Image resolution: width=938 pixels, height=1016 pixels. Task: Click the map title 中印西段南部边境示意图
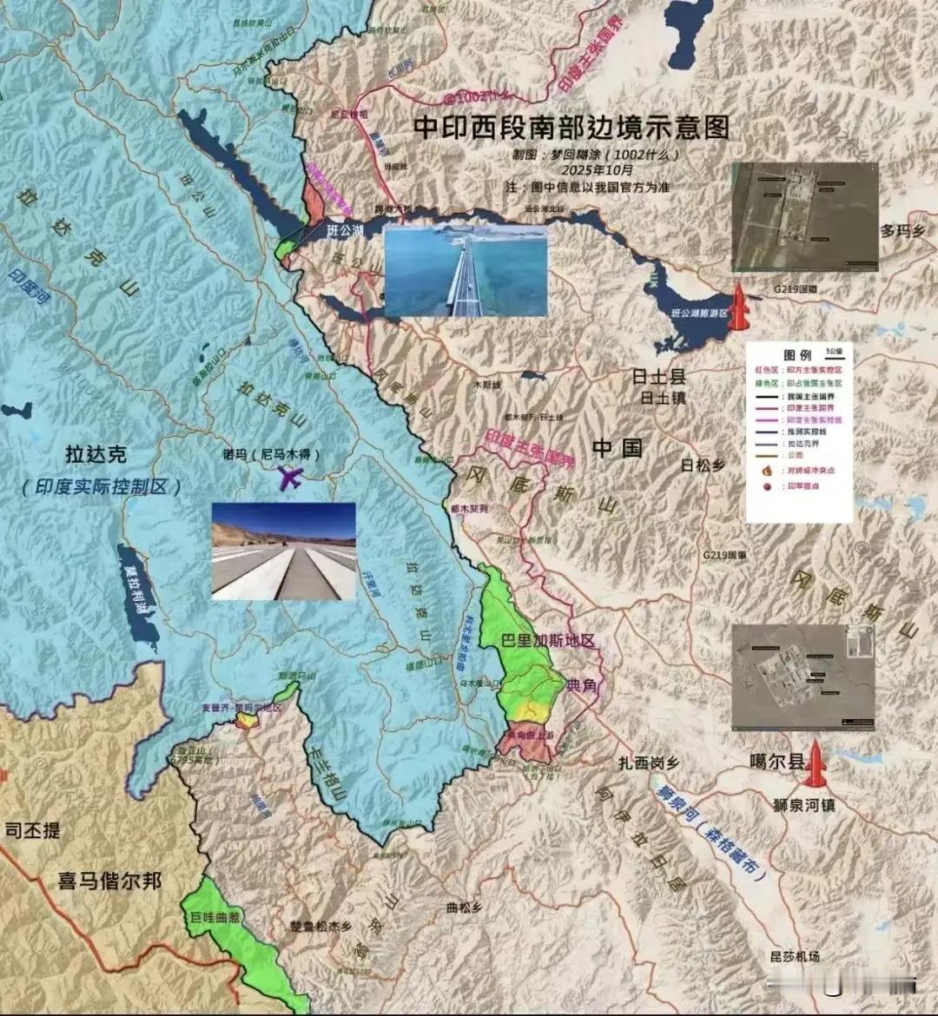pyautogui.click(x=571, y=127)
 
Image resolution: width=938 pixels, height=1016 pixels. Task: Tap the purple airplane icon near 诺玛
pyautogui.click(x=289, y=477)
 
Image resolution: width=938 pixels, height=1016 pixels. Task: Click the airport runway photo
pyautogui.click(x=284, y=551)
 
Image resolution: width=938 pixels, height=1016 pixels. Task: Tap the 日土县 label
pyautogui.click(x=658, y=377)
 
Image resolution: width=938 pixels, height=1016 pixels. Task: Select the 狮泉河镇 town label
pyautogui.click(x=803, y=805)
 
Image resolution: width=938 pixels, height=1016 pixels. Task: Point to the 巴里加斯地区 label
pyautogui.click(x=549, y=641)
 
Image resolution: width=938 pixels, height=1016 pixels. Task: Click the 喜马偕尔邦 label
pyautogui.click(x=110, y=881)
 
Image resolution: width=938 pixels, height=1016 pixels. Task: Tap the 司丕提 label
pyautogui.click(x=33, y=830)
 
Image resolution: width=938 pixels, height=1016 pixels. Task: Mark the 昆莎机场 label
pyautogui.click(x=795, y=956)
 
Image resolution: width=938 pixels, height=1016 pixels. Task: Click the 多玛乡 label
pyautogui.click(x=899, y=231)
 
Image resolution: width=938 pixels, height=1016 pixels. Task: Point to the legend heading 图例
pyautogui.click(x=796, y=355)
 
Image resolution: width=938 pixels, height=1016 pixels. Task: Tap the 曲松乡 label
pyautogui.click(x=463, y=907)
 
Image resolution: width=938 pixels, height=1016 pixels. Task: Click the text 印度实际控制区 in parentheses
pyautogui.click(x=102, y=486)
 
